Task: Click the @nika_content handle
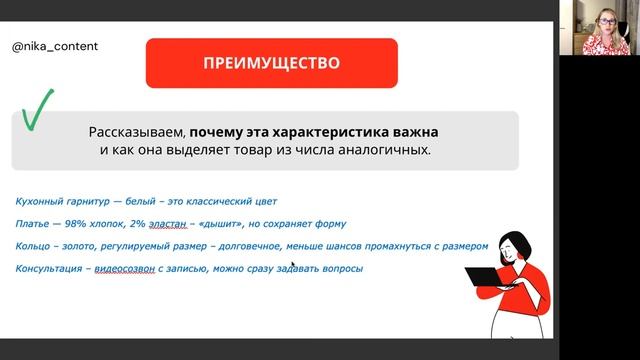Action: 55,46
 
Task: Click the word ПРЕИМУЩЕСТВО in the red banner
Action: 271,64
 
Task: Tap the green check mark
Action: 37,112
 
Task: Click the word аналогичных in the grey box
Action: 385,150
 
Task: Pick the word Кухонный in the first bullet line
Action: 40,201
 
